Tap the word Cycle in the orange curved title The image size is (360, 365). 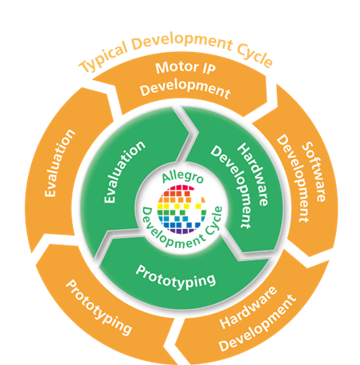(254, 56)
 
